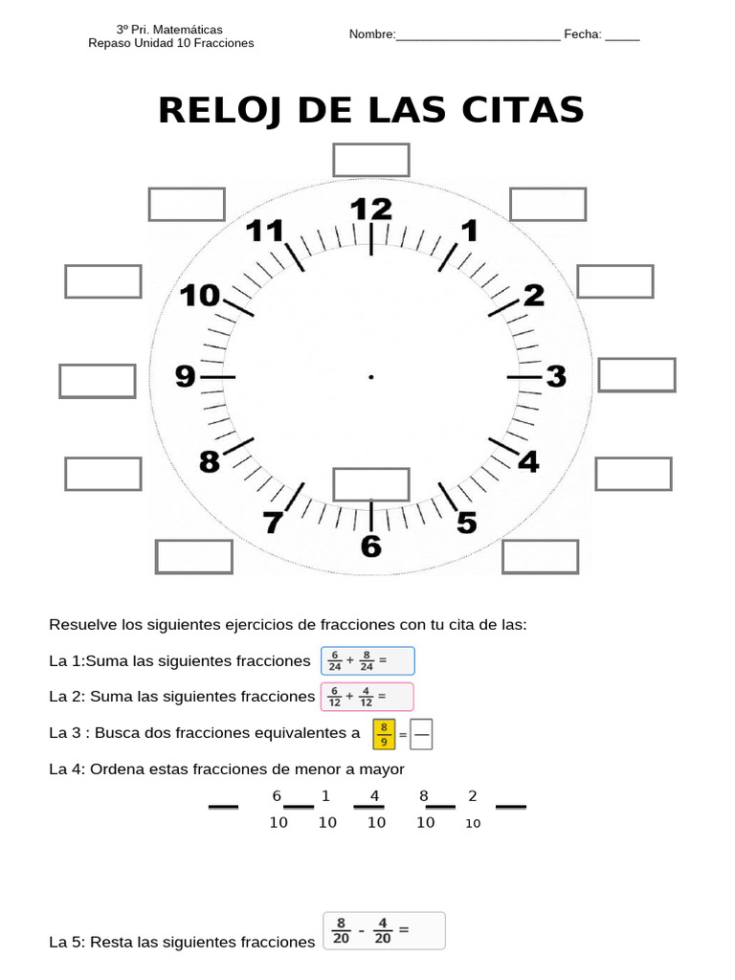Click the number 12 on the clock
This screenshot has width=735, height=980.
point(371,210)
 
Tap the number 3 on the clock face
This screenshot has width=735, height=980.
point(556,377)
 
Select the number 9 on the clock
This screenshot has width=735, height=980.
point(185,377)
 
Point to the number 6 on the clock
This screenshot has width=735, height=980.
point(370,546)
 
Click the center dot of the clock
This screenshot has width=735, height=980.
point(370,377)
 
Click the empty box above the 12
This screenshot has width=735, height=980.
point(371,160)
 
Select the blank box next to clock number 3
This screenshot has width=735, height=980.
point(636,375)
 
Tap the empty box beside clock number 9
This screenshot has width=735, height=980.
point(98,380)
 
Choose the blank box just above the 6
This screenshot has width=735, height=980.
point(371,484)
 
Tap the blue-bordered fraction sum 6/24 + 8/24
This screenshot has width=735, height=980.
point(367,661)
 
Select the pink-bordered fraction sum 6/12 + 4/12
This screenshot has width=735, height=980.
point(367,697)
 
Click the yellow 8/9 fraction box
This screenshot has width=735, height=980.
point(385,734)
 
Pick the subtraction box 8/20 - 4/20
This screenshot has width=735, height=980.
point(385,930)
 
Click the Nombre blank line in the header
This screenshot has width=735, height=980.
point(478,38)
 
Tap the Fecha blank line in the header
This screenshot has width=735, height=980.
point(622,38)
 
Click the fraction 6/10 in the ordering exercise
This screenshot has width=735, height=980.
point(278,810)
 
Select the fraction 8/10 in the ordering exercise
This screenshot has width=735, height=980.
point(424,810)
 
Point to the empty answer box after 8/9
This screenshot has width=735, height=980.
point(422,734)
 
